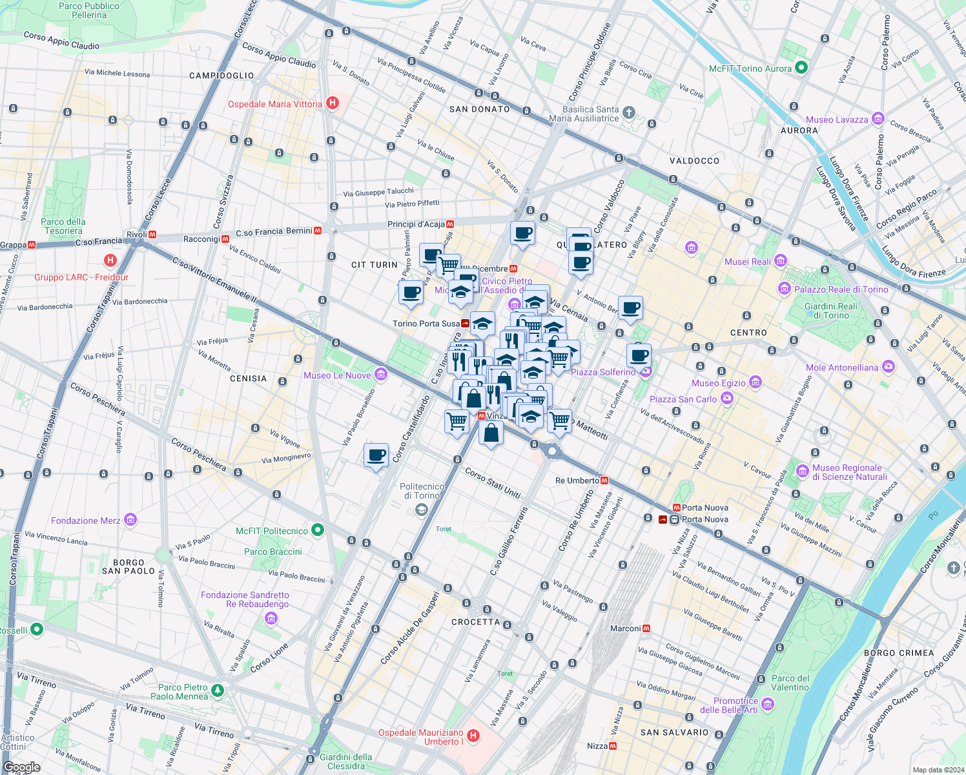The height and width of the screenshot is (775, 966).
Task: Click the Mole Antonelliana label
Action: coord(842,367)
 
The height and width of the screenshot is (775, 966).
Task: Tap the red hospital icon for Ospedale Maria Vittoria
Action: coord(333,103)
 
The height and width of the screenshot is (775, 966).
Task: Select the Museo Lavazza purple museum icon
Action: coord(878,119)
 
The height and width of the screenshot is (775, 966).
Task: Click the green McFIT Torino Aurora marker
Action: coord(801,68)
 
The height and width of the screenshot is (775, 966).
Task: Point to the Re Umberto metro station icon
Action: coord(604,480)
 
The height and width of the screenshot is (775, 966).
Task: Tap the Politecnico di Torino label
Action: coord(422,491)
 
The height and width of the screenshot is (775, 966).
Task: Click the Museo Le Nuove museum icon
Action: coord(380,375)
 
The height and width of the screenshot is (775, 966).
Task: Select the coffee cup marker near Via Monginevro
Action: coord(376,455)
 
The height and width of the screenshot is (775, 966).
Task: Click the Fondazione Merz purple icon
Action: coord(130,520)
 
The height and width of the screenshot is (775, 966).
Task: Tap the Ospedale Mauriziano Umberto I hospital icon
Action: coord(473,736)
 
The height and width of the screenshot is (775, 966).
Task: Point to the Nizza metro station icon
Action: coord(613,746)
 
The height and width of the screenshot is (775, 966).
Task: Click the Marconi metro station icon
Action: coord(646,628)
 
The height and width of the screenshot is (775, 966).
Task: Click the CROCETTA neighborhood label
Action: coord(475,622)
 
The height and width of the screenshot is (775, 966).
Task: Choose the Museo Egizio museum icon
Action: coord(755,382)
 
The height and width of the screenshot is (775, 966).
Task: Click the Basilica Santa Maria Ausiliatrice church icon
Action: coord(629,113)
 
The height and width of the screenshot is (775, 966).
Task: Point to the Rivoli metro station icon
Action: coord(152,234)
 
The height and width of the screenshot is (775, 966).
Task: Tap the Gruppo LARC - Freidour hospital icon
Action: coord(110,261)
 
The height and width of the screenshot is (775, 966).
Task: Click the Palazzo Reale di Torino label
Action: coord(841,289)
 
